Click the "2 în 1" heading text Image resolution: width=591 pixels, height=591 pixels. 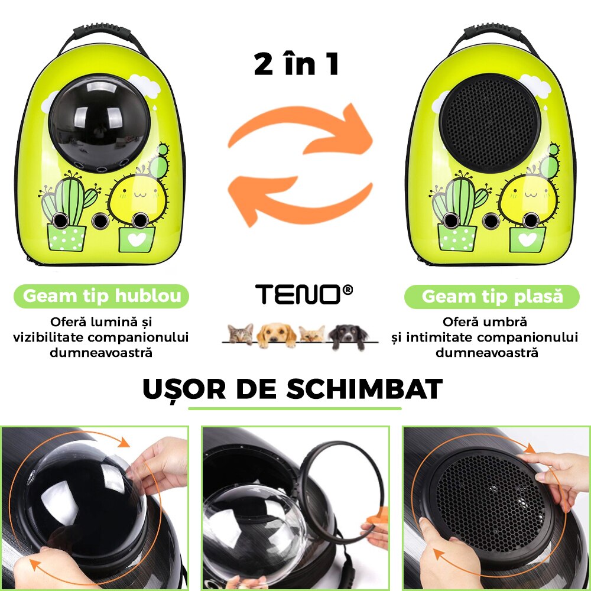pyautogui.click(x=297, y=64)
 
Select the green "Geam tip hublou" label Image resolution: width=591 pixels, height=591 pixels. pyautogui.click(x=102, y=296)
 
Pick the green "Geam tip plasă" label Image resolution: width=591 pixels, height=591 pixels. pyautogui.click(x=492, y=297)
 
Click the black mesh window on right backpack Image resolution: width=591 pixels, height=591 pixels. pyautogui.click(x=490, y=122)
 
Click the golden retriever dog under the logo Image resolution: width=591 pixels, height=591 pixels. pyautogui.click(x=277, y=335)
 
